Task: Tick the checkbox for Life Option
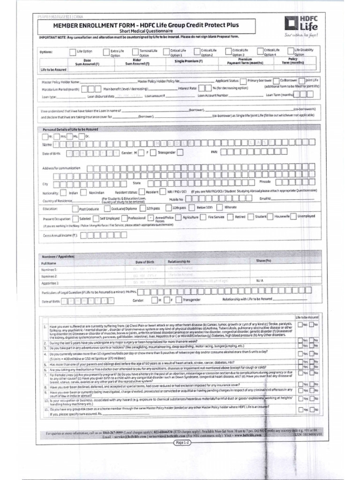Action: pyautogui.click(x=72, y=52)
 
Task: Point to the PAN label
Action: pyautogui.click(x=215, y=152)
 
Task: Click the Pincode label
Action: pyautogui.click(x=265, y=181)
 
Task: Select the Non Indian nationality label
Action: pyautogui.click(x=97, y=193)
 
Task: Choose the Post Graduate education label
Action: pyautogui.click(x=88, y=209)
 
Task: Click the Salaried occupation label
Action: pyautogui.click(x=85, y=218)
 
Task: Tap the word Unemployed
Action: pyautogui.click(x=306, y=216)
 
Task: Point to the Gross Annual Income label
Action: pyautogui.click(x=60, y=236)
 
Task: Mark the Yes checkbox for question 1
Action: pyautogui.click(x=300, y=324)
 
